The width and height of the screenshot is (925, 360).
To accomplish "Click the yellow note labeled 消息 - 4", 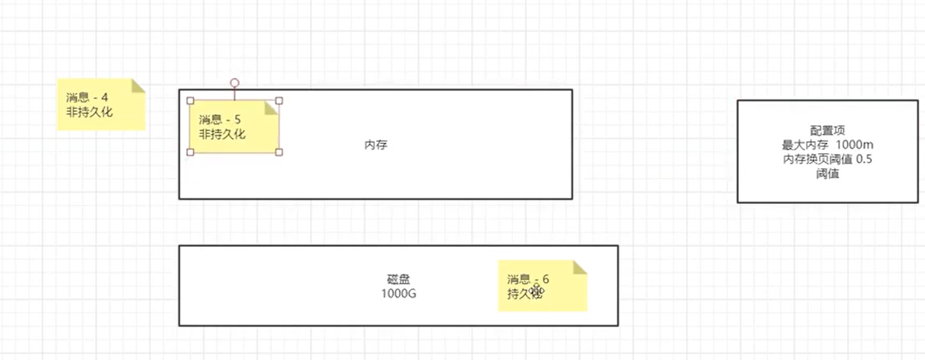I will click(100, 104).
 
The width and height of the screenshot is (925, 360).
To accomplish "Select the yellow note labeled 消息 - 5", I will click(233, 127).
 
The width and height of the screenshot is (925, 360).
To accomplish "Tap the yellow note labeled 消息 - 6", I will click(542, 286).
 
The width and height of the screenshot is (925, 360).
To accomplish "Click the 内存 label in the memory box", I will click(376, 145).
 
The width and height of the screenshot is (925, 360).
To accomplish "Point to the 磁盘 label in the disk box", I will click(398, 279).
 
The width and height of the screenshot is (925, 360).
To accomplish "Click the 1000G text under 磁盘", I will click(398, 293).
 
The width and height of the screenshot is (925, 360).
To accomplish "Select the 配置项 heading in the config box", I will click(828, 131).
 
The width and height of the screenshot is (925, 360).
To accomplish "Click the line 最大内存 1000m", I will click(828, 145).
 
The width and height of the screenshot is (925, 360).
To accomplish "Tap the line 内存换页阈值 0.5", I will click(828, 159).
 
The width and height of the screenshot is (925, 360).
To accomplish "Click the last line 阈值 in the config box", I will click(828, 173).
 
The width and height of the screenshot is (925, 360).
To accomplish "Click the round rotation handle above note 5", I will click(234, 83).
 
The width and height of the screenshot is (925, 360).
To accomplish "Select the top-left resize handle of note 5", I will click(190, 101).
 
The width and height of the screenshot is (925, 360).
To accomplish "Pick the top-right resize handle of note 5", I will click(279, 101).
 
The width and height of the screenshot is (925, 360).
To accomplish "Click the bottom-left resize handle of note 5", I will click(190, 152).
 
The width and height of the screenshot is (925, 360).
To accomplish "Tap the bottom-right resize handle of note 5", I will click(279, 152).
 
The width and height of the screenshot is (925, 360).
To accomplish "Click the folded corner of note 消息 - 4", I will click(138, 85).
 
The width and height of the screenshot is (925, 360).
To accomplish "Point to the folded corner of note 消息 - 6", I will click(580, 267).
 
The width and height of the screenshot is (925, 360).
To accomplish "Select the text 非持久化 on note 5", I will click(222, 134).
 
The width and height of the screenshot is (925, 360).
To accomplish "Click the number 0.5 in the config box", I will click(864, 159).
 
